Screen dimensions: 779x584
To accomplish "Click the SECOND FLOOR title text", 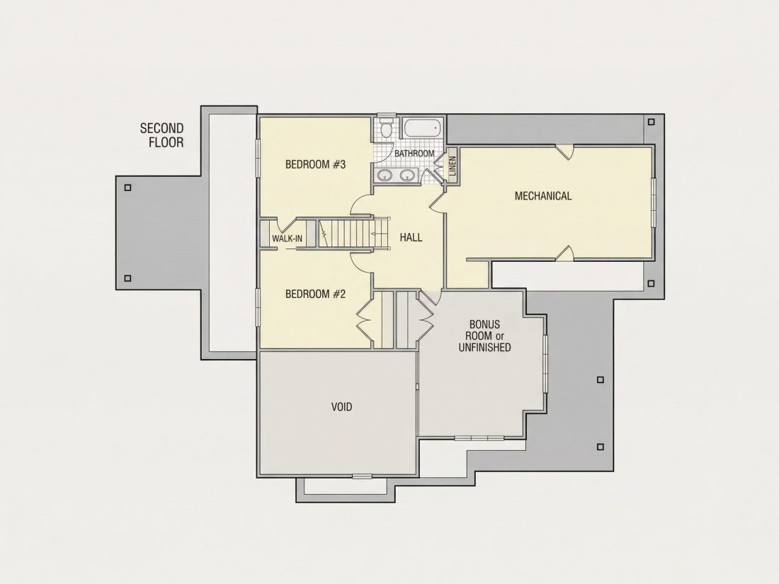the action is coord(162,136).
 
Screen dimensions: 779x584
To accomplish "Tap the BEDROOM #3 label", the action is coord(315,164).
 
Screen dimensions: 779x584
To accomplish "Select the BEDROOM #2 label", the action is coord(315,294).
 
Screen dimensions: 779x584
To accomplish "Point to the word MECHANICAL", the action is coord(543,195).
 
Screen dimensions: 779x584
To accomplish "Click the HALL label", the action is coord(411,237).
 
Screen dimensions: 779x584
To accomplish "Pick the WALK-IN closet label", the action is coord(287,239).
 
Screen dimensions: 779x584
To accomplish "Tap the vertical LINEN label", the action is coord(452,166).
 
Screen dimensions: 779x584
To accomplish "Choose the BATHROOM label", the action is coord(414,154).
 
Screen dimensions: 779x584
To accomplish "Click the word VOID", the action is coord(342,407).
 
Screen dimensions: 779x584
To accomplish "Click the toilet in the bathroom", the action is coord(385,127).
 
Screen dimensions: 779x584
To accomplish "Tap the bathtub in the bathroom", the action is coord(423,129).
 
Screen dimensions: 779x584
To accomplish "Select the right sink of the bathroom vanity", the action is coord(408,175).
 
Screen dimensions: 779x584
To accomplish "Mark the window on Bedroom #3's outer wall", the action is coord(258,158).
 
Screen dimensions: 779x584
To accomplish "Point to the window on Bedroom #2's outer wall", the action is coord(258,307).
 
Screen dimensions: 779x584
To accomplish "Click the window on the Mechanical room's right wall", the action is coord(654,202).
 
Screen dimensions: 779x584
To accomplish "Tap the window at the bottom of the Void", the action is coord(362,476).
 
